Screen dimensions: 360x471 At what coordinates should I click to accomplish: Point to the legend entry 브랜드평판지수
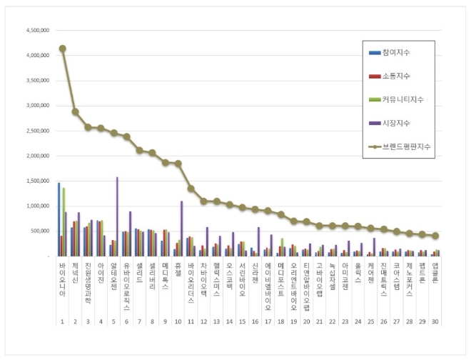tap(406, 146)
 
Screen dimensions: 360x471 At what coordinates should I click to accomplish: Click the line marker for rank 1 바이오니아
tap(62, 49)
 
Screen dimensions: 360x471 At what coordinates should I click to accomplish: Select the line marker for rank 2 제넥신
tap(75, 111)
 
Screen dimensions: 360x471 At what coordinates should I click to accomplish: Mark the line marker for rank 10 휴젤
tap(178, 164)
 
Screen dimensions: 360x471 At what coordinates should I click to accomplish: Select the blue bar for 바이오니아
tap(59, 219)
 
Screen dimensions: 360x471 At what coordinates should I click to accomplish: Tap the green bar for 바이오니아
tap(64, 221)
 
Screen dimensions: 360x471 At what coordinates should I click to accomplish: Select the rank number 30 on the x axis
tap(435, 321)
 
